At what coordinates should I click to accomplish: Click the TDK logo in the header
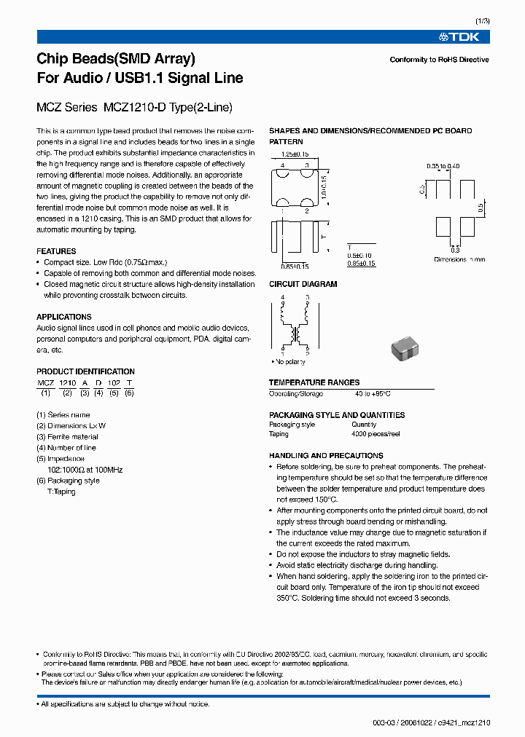464,37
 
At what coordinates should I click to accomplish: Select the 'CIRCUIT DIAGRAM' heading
303,284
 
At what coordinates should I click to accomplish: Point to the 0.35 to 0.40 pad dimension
443,166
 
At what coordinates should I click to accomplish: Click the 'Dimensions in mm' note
459,259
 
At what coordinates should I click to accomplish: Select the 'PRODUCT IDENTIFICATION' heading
85,371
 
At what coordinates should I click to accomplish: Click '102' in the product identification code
114,382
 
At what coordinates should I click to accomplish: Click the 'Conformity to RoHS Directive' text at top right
439,60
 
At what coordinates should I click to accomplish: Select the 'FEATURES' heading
56,251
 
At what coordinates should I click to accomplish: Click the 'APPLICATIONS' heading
64,317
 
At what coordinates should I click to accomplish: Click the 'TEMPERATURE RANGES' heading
314,382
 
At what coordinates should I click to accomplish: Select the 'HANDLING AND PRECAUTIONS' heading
326,455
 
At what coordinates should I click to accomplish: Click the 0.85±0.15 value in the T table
361,264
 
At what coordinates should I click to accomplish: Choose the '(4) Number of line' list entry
66,448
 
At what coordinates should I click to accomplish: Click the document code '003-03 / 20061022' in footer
405,722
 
